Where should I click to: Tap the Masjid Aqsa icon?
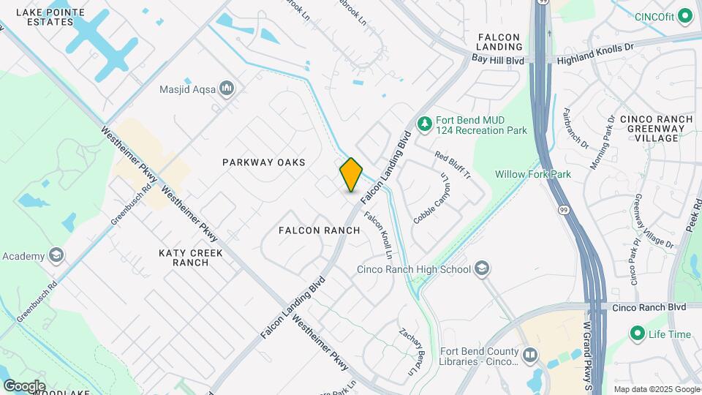coord(227,89)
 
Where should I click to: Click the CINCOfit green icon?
coord(685,15)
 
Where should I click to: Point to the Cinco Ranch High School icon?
coord(482,269)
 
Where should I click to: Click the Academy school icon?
coord(56,256)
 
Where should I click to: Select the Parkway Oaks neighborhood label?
coord(263,162)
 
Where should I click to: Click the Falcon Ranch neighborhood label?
coord(320,230)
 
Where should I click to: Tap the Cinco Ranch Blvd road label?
coord(649,307)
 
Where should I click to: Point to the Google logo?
coord(24,385)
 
